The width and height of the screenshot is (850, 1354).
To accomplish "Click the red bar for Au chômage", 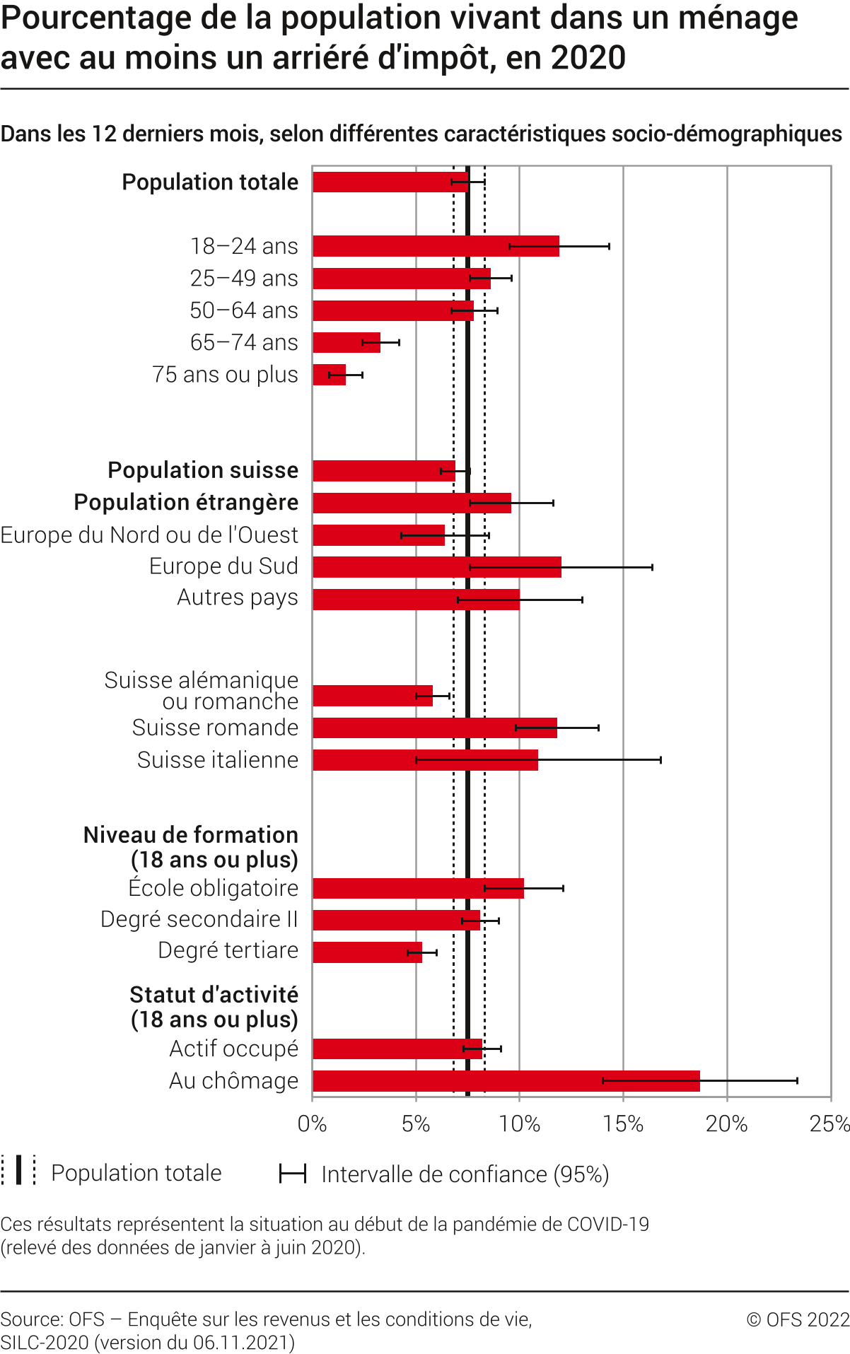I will (x=506, y=1081).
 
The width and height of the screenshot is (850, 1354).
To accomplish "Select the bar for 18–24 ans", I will (x=436, y=246).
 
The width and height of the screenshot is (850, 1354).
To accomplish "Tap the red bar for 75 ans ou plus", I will (x=329, y=375).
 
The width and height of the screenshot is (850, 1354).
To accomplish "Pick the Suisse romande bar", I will (x=434, y=728).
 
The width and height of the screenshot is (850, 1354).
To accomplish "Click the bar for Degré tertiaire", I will (x=367, y=952).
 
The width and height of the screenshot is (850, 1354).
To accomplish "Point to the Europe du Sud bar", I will (x=436, y=567).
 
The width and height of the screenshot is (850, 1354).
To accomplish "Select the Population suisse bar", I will (x=383, y=471).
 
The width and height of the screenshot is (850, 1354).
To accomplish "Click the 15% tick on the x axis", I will (x=623, y=1124).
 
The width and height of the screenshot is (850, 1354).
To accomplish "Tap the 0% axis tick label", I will (x=312, y=1124).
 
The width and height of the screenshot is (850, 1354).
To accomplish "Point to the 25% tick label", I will (x=829, y=1124).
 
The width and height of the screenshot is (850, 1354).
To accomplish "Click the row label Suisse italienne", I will (x=218, y=760).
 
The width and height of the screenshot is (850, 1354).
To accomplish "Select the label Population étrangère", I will (x=186, y=503).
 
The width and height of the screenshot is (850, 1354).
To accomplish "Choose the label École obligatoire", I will (x=213, y=888).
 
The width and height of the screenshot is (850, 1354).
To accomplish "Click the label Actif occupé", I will (x=233, y=1049).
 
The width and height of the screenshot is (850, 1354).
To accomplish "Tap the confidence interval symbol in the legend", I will (x=292, y=1174).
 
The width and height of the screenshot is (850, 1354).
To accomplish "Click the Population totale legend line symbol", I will (x=18, y=1170).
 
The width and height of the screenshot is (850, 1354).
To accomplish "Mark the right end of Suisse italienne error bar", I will (x=660, y=760).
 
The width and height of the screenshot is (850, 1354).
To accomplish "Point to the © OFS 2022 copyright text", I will (x=798, y=1319).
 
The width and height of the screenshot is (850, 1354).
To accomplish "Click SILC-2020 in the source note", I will (x=45, y=1343).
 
